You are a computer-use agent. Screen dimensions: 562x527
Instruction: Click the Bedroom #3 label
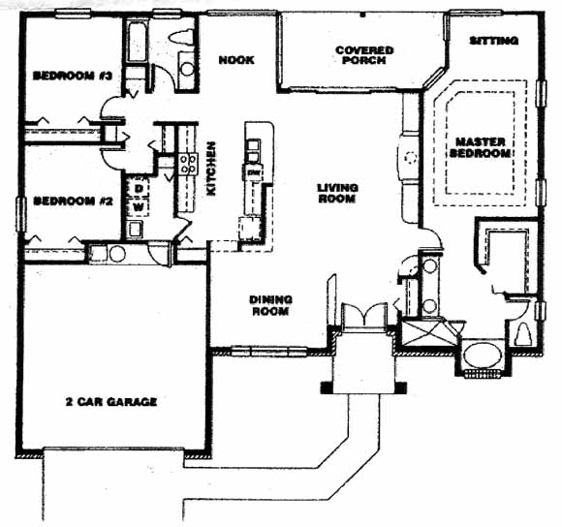73,76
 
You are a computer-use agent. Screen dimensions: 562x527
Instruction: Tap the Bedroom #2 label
73,201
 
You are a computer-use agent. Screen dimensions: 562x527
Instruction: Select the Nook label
236,60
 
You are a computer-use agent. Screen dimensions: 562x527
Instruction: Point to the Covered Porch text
364,55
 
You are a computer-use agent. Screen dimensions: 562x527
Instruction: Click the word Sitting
494,41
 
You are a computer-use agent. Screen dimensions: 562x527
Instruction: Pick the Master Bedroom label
481,147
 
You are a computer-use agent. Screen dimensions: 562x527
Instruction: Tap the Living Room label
337,193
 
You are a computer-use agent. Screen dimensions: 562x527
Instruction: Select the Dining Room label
270,305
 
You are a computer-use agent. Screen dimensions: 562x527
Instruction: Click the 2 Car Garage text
111,402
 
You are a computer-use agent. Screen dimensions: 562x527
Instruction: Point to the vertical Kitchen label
211,169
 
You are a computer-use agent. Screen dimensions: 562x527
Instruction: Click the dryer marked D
139,188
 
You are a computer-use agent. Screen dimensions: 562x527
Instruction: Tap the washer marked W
139,207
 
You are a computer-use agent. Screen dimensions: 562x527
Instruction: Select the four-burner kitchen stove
188,164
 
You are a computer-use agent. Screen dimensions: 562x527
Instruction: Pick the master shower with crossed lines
426,332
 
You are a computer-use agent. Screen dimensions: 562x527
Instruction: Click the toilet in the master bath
522,334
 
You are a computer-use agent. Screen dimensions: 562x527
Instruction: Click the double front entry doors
364,315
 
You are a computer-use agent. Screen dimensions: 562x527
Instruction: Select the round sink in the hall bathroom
187,68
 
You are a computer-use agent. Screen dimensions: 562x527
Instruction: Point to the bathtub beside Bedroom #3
137,42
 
